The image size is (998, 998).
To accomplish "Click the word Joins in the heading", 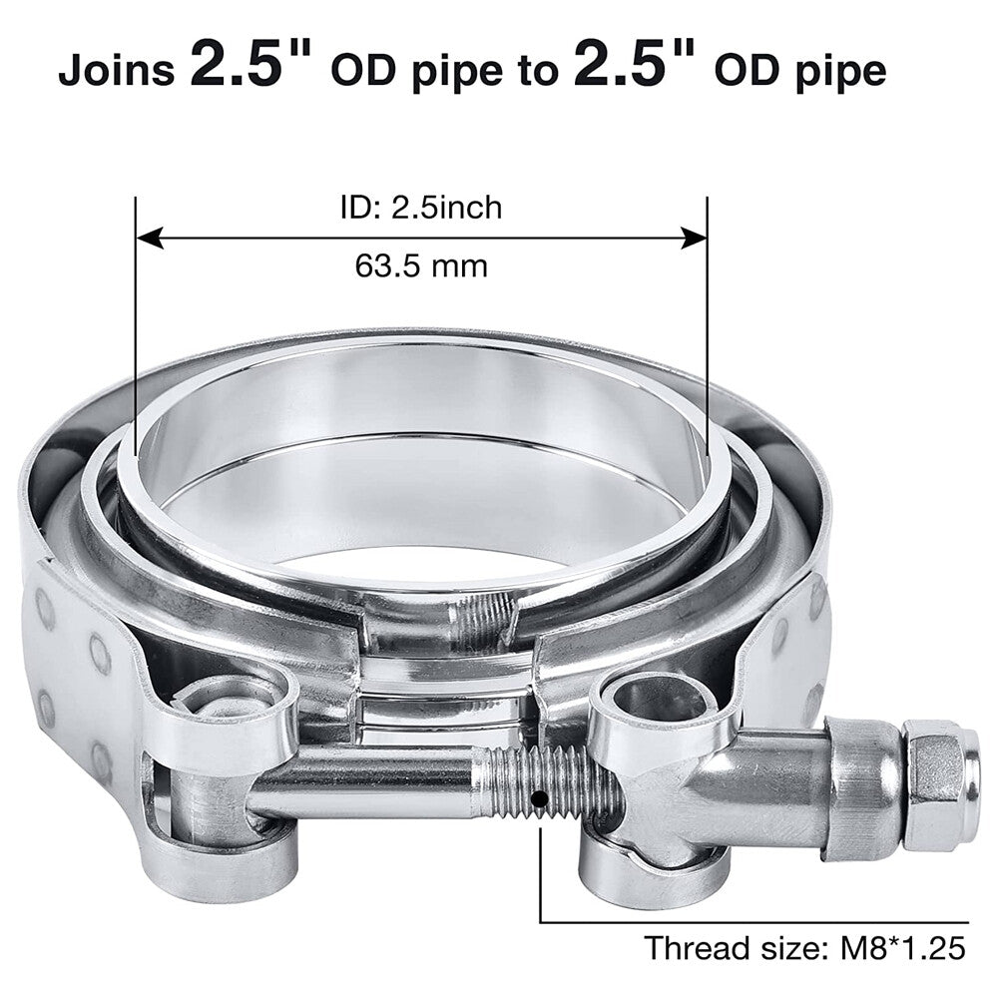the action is point(117,71).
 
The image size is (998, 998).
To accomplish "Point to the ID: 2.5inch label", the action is point(421,208).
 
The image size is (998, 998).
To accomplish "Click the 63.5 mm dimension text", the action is point(421,265).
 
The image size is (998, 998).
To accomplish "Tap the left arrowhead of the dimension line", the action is point(151,239).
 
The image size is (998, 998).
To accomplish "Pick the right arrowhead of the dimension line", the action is point(694,239).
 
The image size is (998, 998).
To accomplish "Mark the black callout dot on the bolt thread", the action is point(540,797).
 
